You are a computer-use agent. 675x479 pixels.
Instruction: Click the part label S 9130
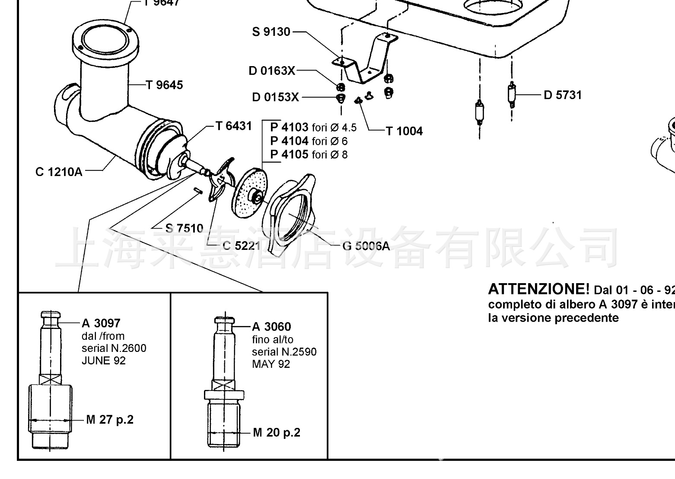(x=271, y=32)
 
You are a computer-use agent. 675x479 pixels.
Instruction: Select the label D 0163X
(x=272, y=70)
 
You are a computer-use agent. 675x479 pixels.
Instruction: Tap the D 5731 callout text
(x=563, y=95)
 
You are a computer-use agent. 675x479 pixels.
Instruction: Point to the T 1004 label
(x=404, y=131)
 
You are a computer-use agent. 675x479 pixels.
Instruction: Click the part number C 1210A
(x=58, y=172)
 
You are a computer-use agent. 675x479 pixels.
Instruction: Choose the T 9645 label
(x=164, y=85)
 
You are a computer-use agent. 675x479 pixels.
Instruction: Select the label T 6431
(x=233, y=126)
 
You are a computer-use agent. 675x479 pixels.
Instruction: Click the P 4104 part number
(x=289, y=141)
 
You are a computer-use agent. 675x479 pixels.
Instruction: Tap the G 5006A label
(x=366, y=246)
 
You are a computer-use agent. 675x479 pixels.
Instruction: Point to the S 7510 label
(x=184, y=228)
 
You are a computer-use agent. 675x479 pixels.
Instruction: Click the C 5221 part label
(x=241, y=246)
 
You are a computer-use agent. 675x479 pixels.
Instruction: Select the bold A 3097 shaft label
(x=101, y=323)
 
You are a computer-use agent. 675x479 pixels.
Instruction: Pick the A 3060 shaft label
(x=271, y=326)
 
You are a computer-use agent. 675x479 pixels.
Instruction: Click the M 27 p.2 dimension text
(x=110, y=419)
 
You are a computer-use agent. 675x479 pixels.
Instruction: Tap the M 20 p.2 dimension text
(x=277, y=432)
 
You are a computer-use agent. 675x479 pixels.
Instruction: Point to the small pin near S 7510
(x=198, y=190)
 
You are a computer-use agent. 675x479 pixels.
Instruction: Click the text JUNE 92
(x=103, y=361)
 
